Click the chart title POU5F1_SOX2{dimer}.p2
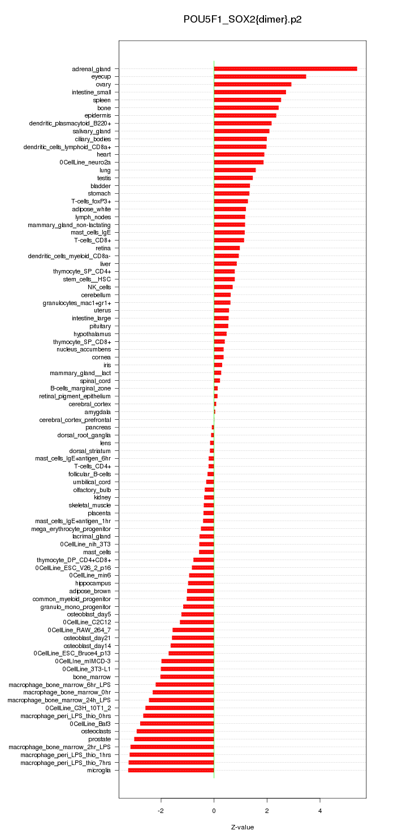coord(243,20)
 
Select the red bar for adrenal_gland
coord(285,69)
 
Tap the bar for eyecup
coord(259,76)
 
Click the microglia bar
coord(171,770)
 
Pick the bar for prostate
coord(174,739)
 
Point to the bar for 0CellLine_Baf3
coord(177,723)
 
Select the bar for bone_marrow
coord(187,676)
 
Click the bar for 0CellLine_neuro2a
coord(239,162)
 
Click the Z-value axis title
coord(243,827)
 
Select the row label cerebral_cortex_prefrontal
coord(79,420)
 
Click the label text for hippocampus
coord(93,583)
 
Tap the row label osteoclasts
coord(96,731)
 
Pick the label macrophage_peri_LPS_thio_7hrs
coord(66,763)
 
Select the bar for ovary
coord(252,84)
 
